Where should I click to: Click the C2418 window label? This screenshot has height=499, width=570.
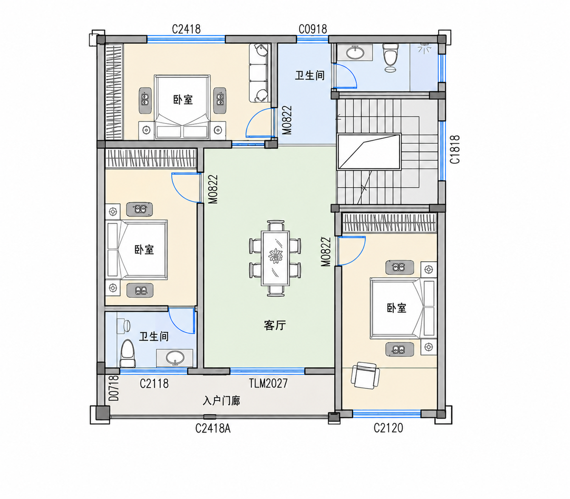click(186, 29)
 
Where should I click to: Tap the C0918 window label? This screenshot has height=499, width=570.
click(312, 29)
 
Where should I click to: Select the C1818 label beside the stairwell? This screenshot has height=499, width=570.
click(455, 149)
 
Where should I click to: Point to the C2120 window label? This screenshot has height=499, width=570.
click(388, 428)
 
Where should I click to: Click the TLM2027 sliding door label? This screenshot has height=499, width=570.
click(268, 383)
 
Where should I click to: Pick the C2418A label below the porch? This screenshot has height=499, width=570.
click(213, 428)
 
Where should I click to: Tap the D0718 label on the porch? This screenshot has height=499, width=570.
click(114, 388)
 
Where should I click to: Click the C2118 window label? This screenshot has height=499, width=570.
click(154, 384)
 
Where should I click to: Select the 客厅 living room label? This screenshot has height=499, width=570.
click(275, 325)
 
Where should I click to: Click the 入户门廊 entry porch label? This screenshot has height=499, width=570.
click(221, 401)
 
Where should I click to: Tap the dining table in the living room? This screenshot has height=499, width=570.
click(275, 258)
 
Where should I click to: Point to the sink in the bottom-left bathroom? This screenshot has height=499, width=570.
click(175, 357)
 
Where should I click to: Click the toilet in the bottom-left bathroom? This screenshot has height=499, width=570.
click(128, 354)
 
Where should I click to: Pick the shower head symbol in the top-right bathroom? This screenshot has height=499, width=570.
click(424, 48)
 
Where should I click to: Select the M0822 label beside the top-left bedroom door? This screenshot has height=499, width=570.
click(287, 120)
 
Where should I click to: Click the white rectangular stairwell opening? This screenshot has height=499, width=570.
click(369, 151)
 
